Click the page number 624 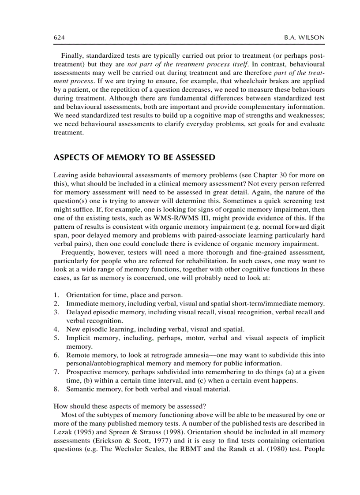(x=59, y=38)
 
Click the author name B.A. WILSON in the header (x=304, y=38)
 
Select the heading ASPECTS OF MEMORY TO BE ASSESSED (x=134, y=157)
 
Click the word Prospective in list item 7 (x=83, y=372)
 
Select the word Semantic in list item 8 (x=79, y=389)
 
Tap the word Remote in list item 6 (x=77, y=355)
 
